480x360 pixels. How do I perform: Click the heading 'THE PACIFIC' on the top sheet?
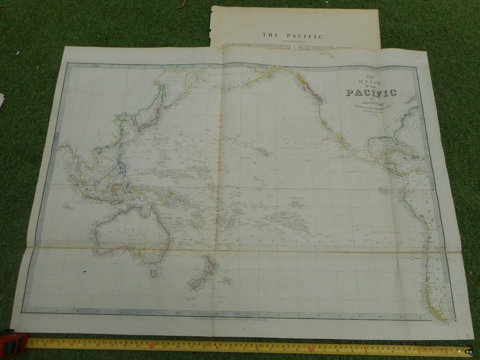coord(294,35)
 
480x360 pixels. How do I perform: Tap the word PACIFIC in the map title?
coord(371,92)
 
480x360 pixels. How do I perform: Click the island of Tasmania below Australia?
coord(154,273)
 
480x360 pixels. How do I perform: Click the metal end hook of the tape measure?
coord(468,351)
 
